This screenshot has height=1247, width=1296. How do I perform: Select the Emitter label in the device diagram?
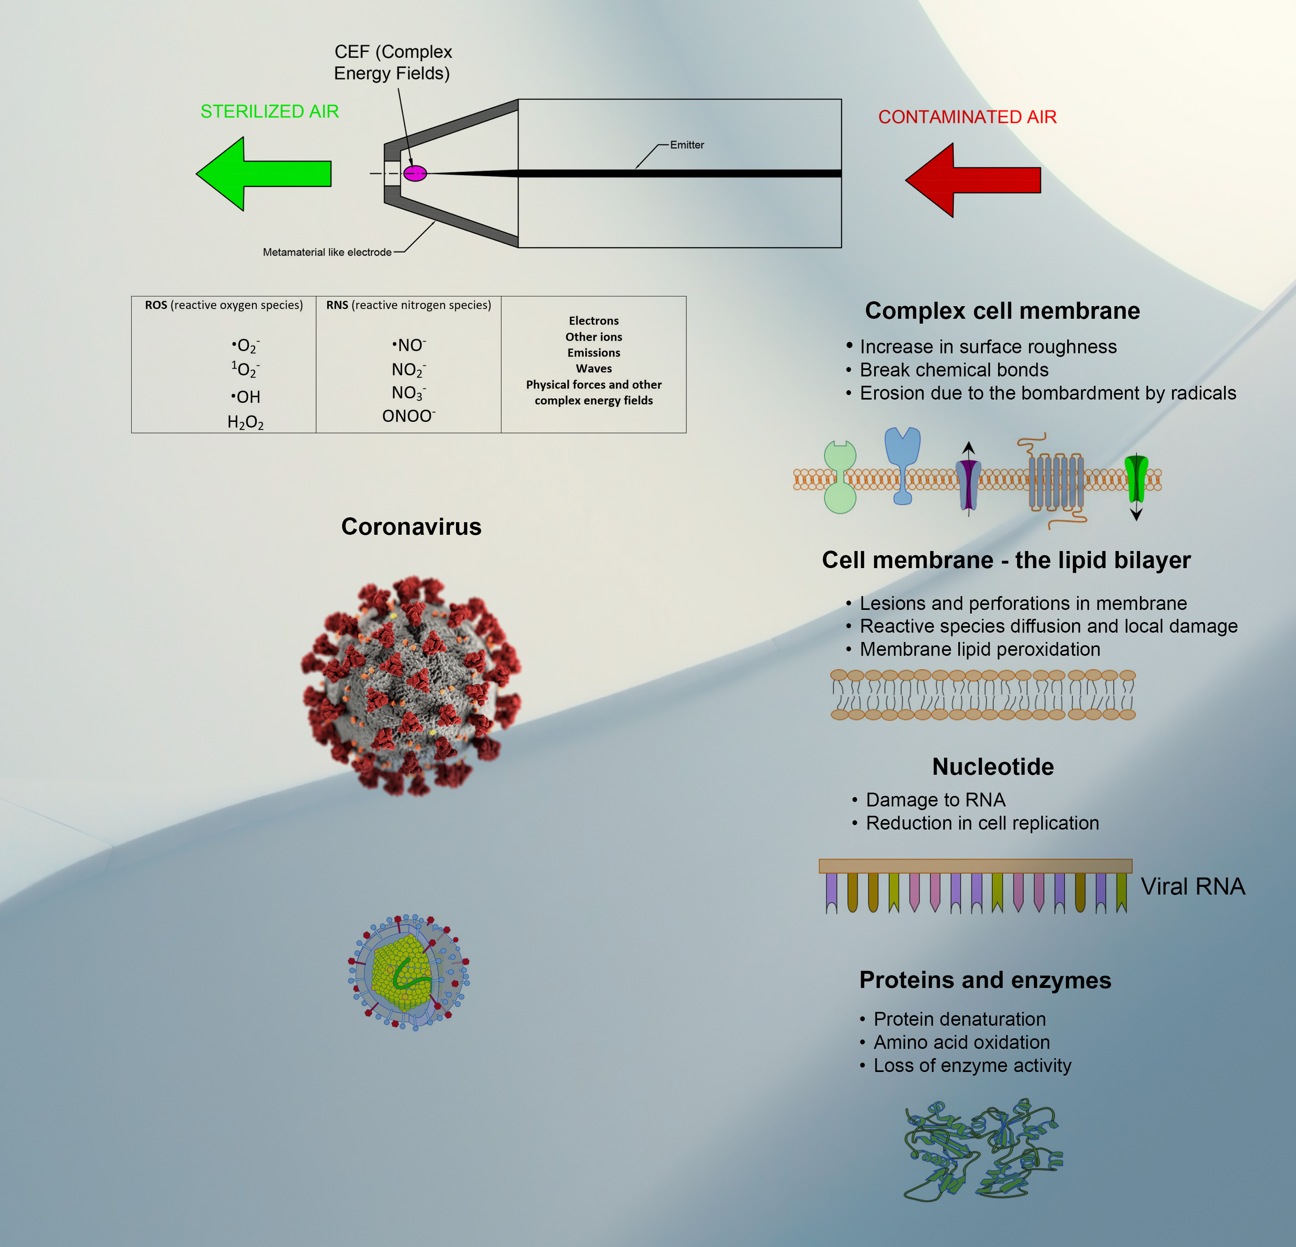click(x=686, y=145)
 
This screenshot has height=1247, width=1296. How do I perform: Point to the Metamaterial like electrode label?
click(x=327, y=253)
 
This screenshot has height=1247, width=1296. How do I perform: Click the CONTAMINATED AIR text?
click(x=967, y=117)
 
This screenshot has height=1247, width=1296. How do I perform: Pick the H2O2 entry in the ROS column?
click(x=245, y=422)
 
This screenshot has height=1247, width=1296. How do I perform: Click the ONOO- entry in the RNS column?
click(x=408, y=416)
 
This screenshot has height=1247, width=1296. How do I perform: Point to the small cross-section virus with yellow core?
click(x=408, y=973)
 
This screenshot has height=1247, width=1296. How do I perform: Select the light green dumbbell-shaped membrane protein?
click(x=840, y=477)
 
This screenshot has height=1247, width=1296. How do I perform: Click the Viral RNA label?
click(x=1192, y=886)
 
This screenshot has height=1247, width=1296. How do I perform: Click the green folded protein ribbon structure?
click(x=981, y=1150)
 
